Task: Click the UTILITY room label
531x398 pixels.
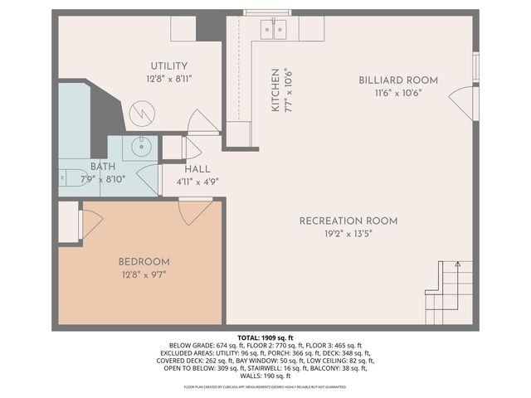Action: [x=168, y=66]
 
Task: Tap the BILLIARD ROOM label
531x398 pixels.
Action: [x=398, y=80]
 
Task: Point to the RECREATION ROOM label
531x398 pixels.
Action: [x=348, y=221]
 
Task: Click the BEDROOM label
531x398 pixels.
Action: [x=144, y=261]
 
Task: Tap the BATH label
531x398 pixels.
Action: [x=92, y=167]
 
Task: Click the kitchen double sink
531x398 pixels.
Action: [x=273, y=30]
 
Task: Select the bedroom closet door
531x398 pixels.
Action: [x=90, y=221]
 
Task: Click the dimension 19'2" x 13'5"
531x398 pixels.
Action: [x=348, y=234]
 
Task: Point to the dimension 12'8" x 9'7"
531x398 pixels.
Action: [x=144, y=274]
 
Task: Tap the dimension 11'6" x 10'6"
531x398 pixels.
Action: [x=398, y=93]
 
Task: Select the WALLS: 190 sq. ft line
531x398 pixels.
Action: [x=265, y=376]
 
